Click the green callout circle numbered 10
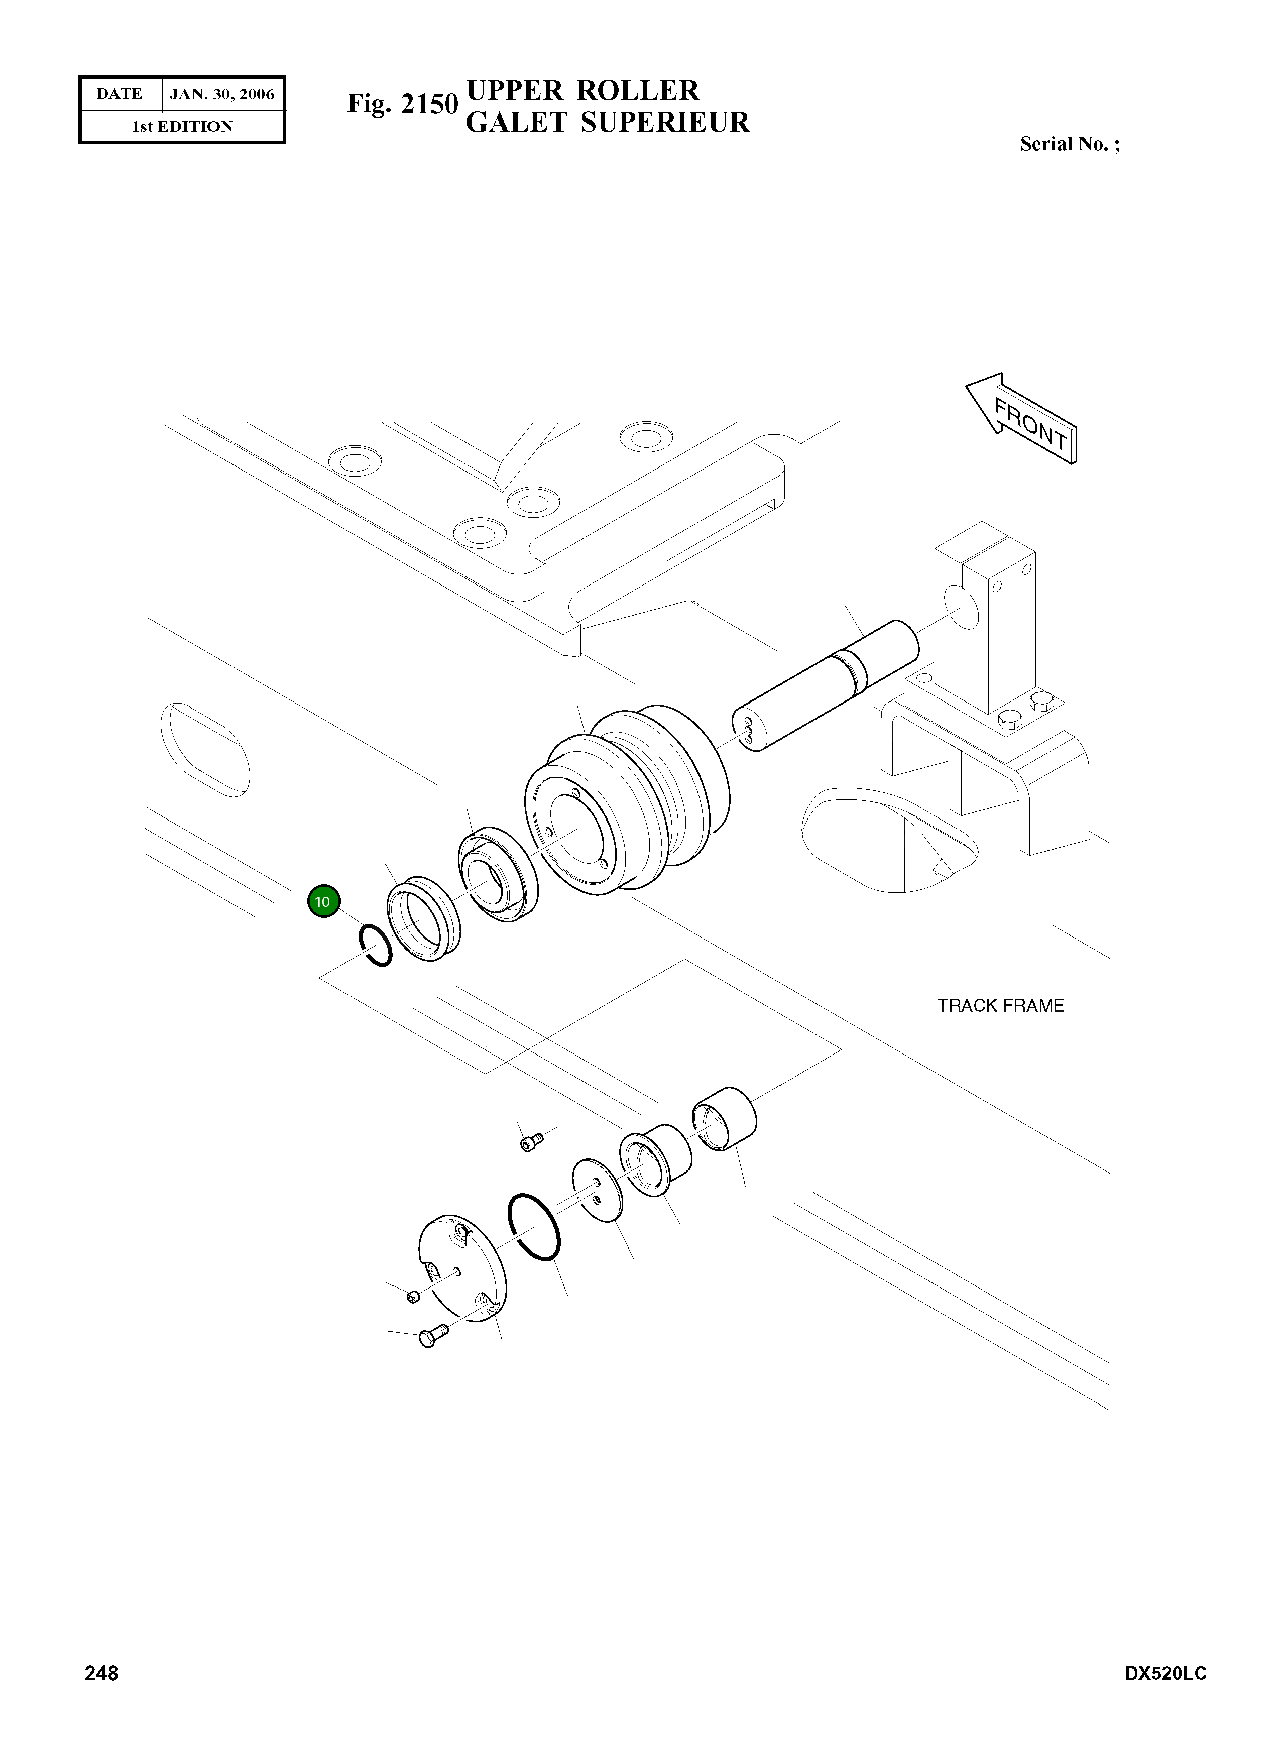coord(323,901)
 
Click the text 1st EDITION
coord(182,127)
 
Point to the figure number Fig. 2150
coord(402,103)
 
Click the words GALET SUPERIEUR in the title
coord(607,123)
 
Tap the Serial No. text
coord(1069,144)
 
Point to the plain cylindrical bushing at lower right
coord(723,1118)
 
